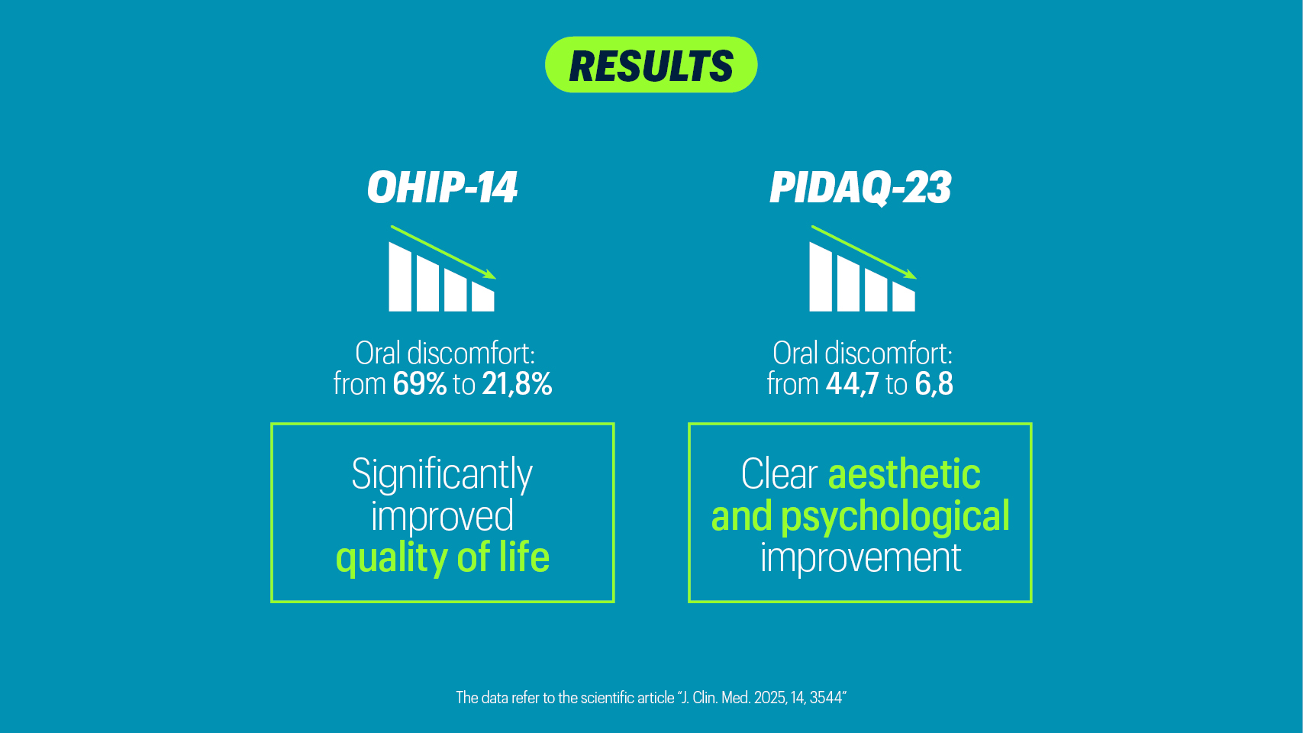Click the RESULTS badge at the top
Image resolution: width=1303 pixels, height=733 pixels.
click(651, 65)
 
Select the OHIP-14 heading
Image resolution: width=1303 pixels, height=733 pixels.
click(442, 187)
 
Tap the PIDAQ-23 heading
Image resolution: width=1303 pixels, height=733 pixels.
click(860, 188)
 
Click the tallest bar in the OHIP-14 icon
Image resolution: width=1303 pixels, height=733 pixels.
click(400, 277)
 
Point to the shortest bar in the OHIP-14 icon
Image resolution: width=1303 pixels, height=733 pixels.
click(483, 297)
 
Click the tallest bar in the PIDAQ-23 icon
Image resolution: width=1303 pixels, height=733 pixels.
click(820, 277)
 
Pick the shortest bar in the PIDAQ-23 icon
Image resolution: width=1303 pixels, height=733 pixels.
click(903, 297)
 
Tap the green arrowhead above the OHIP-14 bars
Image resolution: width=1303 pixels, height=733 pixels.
click(490, 275)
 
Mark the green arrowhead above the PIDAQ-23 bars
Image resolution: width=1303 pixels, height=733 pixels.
click(911, 275)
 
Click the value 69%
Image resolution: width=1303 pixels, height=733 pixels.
click(419, 384)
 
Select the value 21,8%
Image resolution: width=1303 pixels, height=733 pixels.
click(517, 385)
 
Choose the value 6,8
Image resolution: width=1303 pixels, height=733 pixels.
click(934, 385)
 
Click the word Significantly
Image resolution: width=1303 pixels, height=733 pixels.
click(442, 475)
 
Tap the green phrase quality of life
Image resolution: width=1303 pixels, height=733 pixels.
click(443, 558)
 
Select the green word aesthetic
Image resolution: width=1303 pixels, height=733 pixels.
click(904, 473)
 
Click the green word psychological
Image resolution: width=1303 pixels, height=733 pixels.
click(895, 517)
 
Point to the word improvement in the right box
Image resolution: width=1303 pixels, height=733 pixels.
click(860, 558)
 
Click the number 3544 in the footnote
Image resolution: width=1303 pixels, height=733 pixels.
click(825, 698)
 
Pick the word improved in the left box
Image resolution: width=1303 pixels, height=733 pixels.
click(442, 517)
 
